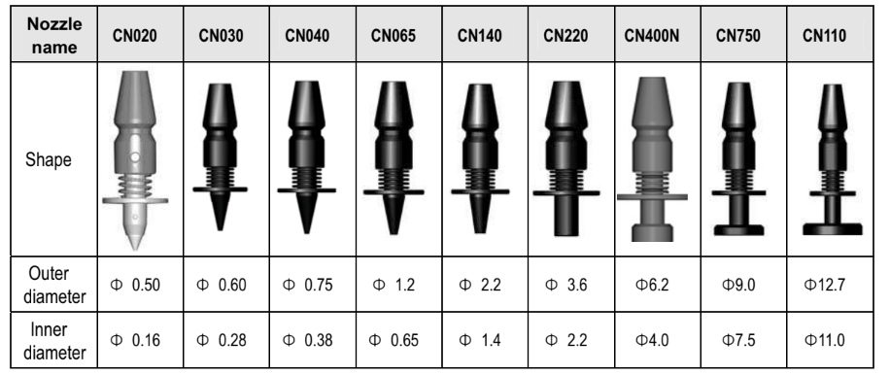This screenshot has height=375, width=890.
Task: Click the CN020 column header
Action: point(134,36)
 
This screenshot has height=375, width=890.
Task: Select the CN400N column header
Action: point(652,36)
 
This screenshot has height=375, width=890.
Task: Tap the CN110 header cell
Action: point(824,36)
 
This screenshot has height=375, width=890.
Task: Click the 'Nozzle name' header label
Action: point(53,35)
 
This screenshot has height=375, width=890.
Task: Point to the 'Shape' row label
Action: point(49,159)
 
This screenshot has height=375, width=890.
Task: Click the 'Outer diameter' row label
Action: point(55,285)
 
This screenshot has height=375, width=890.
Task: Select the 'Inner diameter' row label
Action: point(55,340)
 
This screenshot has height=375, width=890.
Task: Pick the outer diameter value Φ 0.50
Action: point(135,285)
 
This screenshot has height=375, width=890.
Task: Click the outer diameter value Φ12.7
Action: point(825,285)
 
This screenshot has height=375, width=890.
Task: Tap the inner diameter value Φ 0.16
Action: point(135,340)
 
